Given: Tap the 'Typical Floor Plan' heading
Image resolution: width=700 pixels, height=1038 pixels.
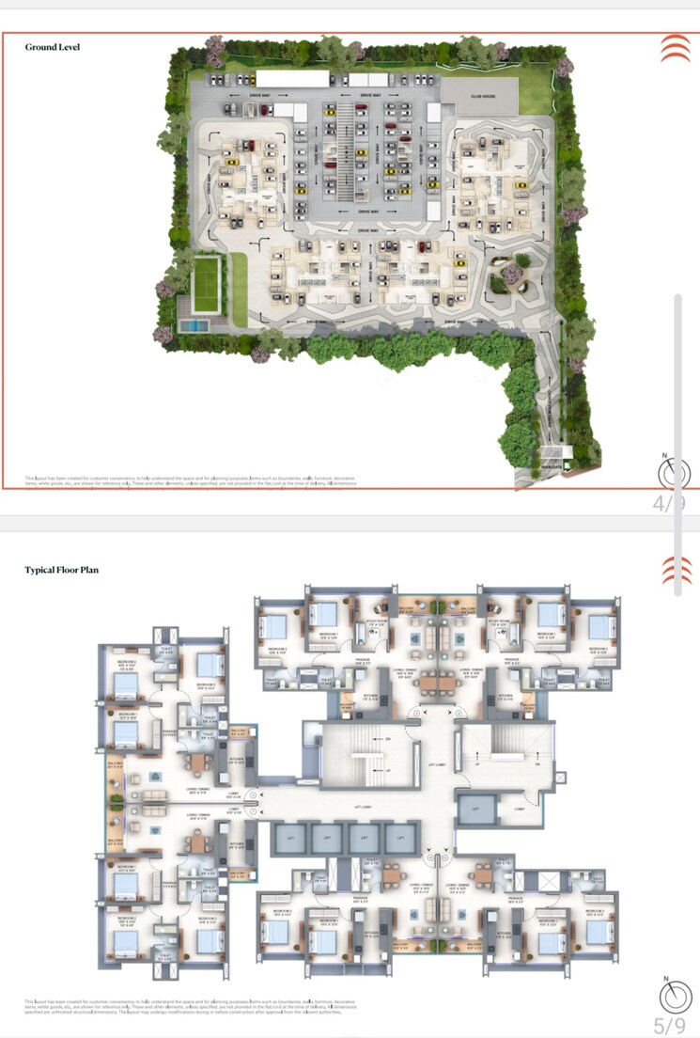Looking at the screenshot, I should click(x=61, y=570).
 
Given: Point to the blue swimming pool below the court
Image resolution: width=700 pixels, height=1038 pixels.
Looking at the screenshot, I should click(x=194, y=324).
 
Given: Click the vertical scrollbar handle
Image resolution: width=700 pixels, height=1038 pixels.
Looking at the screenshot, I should click(x=678, y=444).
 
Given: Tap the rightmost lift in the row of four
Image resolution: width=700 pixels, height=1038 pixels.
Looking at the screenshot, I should click(x=398, y=836).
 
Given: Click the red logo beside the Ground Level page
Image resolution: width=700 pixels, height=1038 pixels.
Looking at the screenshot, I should click(x=675, y=48).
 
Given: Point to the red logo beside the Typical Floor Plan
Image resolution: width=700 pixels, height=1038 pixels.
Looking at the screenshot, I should click(x=675, y=571).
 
